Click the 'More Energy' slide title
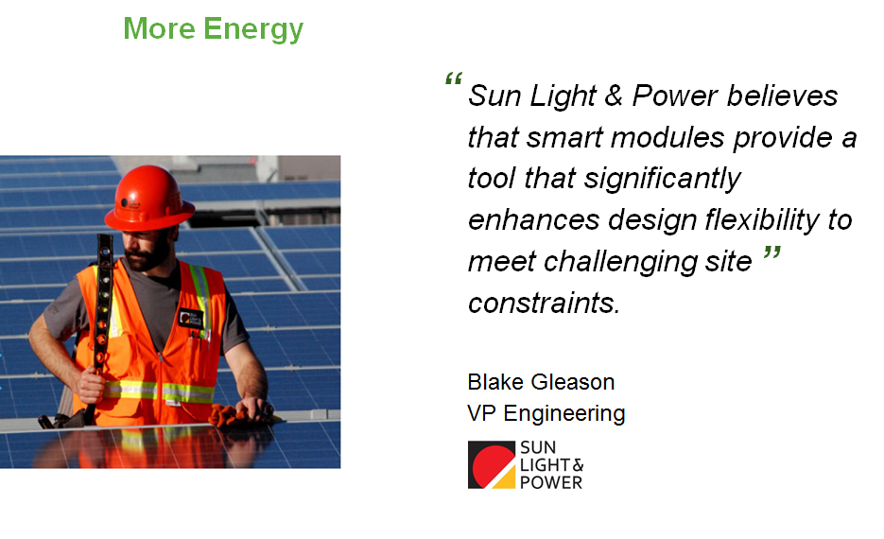click(213, 29)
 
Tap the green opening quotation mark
click(454, 78)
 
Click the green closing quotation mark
click(771, 252)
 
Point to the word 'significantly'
click(662, 180)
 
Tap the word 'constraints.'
click(544, 304)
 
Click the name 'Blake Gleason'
click(541, 382)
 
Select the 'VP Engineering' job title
click(546, 414)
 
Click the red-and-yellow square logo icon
click(492, 464)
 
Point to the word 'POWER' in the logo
click(551, 482)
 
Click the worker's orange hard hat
click(148, 198)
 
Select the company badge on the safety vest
click(191, 319)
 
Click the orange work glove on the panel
click(236, 416)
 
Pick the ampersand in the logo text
click(578, 465)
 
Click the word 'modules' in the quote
click(667, 137)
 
